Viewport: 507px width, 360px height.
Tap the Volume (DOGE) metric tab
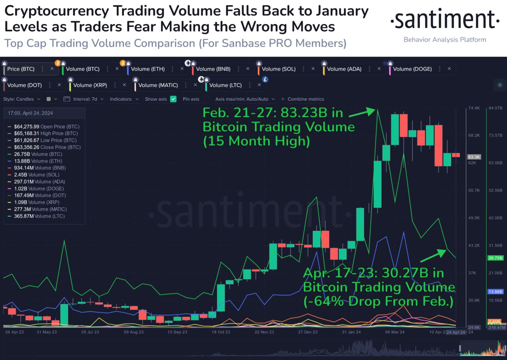[x=412, y=69]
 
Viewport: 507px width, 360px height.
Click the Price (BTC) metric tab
[x=21, y=69]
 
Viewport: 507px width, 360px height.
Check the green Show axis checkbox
[x=173, y=99]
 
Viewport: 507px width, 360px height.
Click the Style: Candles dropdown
[x=22, y=99]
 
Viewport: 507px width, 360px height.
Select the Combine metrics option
[x=305, y=99]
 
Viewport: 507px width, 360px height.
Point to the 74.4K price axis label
[x=474, y=108]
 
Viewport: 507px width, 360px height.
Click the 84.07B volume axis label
[x=496, y=108]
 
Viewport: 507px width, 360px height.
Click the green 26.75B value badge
[x=496, y=258]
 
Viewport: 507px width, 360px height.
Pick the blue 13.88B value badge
[x=496, y=291]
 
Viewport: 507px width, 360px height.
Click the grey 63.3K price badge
[x=474, y=157]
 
